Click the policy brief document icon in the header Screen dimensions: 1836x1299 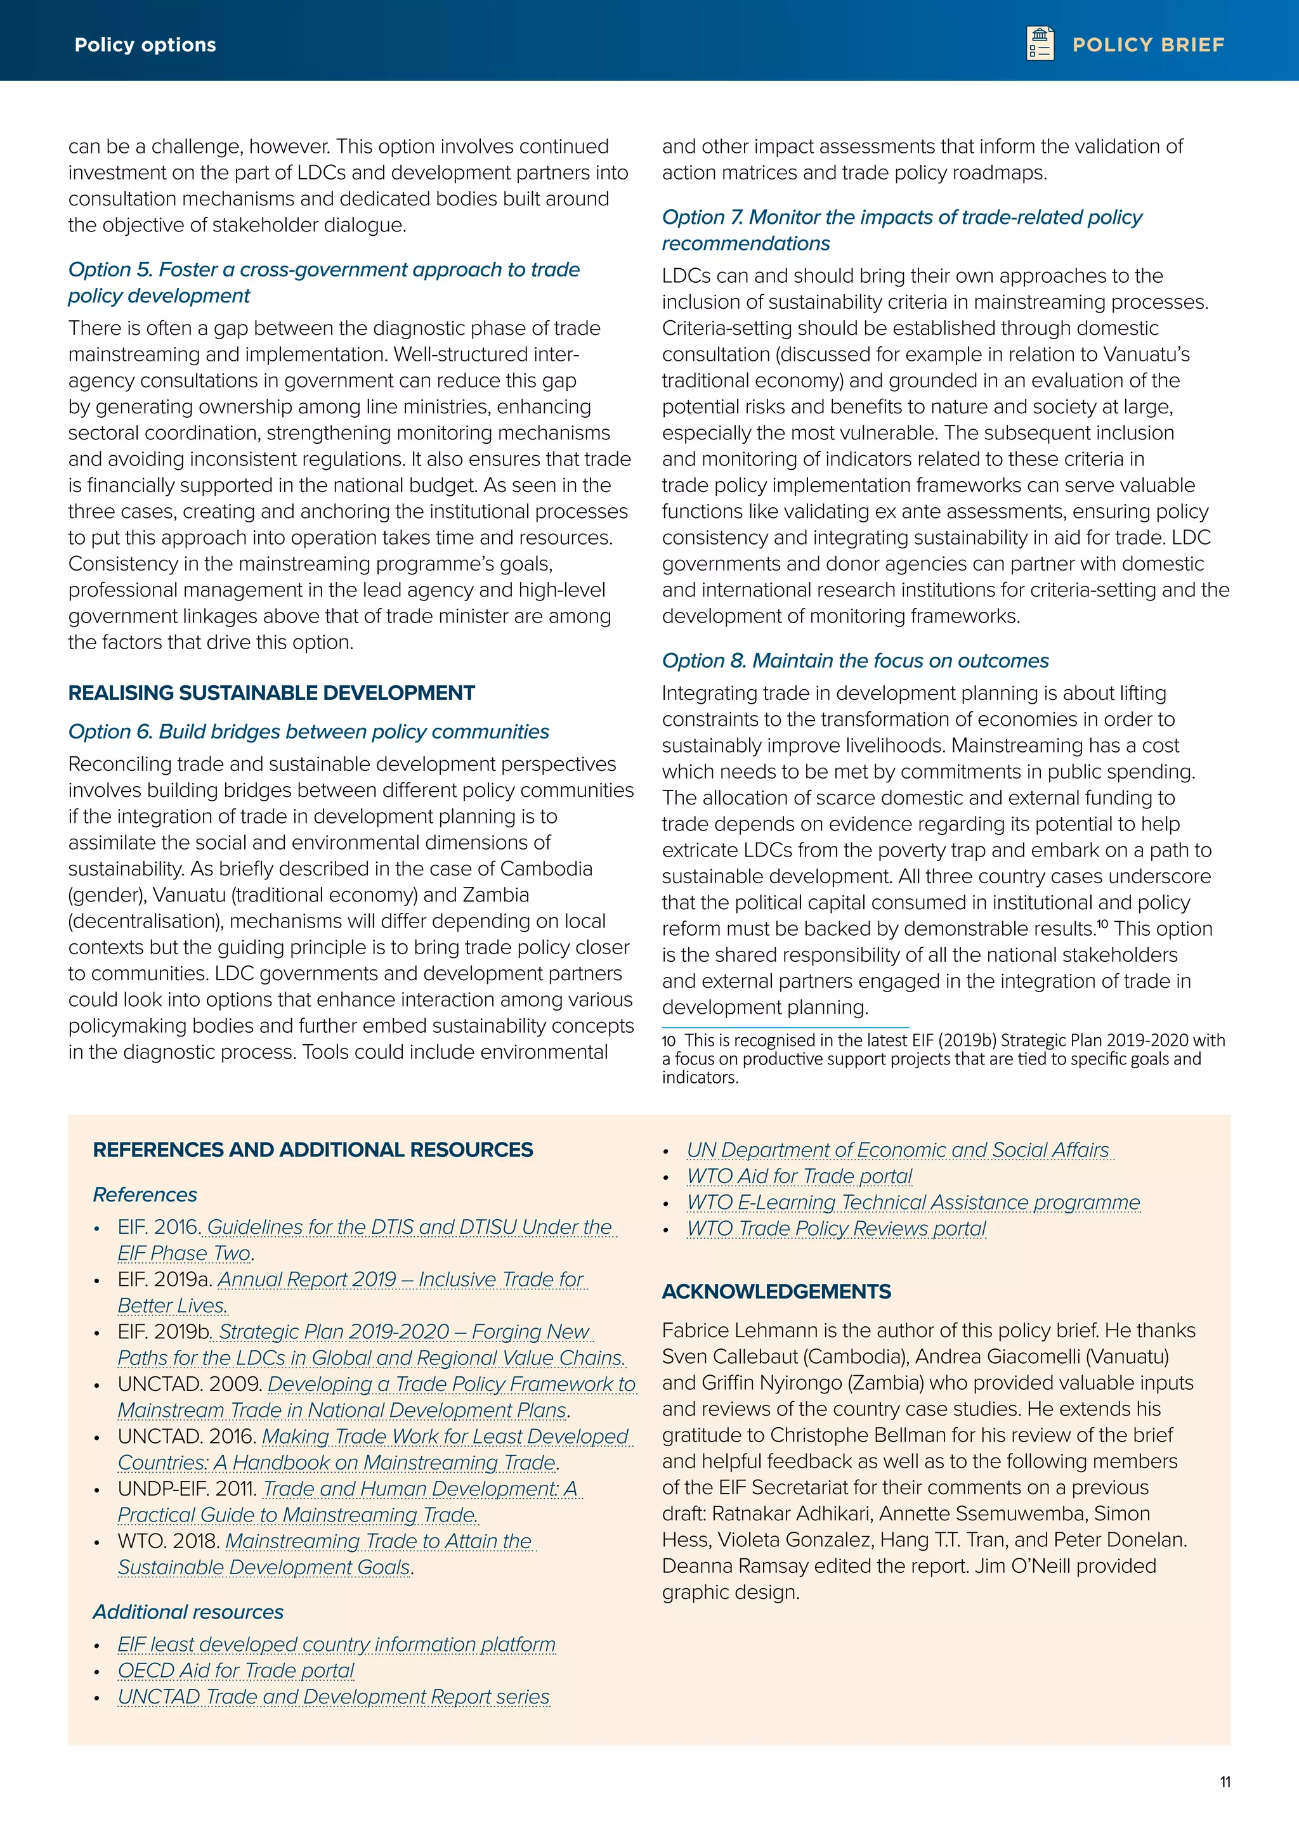coord(1040,43)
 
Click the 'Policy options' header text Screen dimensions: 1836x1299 coord(145,45)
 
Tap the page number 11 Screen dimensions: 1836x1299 coord(1225,1781)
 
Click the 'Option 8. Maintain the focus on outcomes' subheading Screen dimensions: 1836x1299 coord(854,661)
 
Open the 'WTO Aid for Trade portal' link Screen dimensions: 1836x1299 coord(799,1176)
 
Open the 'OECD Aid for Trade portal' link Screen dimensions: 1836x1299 coord(235,1671)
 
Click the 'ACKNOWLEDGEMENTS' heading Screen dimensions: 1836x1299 coord(776,1291)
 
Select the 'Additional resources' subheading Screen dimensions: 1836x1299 coord(188,1612)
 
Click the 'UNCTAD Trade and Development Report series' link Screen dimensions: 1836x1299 coord(334,1697)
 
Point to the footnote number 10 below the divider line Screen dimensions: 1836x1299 coord(669,1041)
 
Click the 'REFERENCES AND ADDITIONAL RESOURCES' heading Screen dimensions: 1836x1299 coord(313,1150)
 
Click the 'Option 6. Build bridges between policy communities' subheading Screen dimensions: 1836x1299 coord(308,732)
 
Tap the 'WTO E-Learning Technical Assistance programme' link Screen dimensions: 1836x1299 coord(913,1203)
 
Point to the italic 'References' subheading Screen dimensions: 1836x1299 coord(145,1194)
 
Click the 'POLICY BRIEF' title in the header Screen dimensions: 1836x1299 coord(1148,45)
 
